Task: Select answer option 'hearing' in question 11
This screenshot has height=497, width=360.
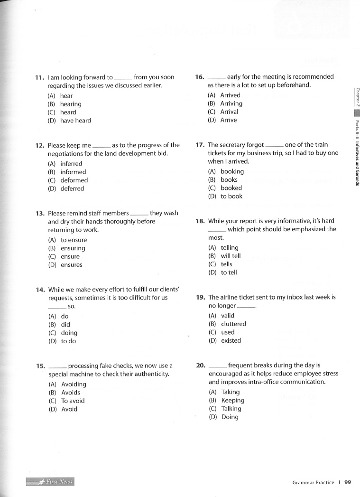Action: click(x=71, y=104)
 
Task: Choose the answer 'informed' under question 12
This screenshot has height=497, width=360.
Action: click(x=73, y=172)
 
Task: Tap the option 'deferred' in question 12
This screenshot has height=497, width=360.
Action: click(x=72, y=188)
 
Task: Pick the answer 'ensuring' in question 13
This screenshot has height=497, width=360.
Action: click(x=73, y=248)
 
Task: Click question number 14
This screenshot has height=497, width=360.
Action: click(x=40, y=290)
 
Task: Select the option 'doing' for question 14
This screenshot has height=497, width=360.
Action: click(x=69, y=333)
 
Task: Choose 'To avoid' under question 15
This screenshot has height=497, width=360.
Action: click(x=73, y=401)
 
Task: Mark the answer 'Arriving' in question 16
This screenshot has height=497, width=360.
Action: click(x=231, y=103)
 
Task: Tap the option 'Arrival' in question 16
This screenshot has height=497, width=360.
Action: click(x=229, y=112)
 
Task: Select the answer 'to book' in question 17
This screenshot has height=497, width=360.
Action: click(x=231, y=196)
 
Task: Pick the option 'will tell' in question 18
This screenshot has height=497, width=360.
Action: click(x=231, y=256)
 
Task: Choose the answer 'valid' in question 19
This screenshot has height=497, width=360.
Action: click(x=228, y=316)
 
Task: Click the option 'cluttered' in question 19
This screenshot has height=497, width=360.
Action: click(x=233, y=324)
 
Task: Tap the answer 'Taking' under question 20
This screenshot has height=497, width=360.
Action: click(x=230, y=392)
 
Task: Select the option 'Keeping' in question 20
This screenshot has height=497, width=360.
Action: click(x=232, y=400)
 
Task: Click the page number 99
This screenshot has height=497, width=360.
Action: click(x=348, y=482)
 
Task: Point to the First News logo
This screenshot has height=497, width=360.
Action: click(x=50, y=482)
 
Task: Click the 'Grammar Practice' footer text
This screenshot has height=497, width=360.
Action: click(x=313, y=483)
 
